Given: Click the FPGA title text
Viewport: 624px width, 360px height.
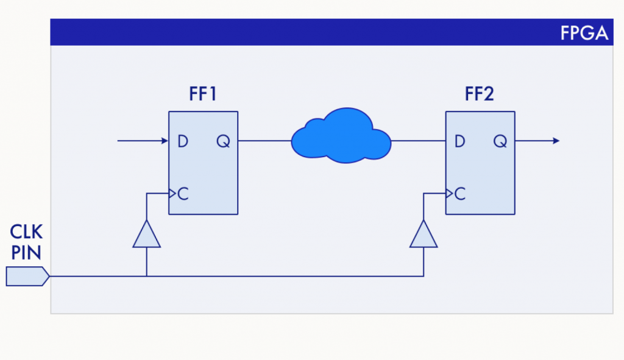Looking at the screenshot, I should tap(584, 32).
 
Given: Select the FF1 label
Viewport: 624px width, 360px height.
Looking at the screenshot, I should tap(203, 95).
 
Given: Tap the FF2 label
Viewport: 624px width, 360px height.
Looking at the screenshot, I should tap(479, 95).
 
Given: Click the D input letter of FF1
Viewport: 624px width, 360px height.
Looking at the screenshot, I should tap(182, 141).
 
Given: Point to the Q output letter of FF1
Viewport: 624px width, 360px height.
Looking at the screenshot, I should tap(222, 141).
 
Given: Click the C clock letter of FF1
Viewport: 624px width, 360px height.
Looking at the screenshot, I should tap(183, 194).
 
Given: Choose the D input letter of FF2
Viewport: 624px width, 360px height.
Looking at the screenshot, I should tap(459, 141).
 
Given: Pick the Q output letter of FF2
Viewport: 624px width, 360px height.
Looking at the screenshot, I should tap(500, 141).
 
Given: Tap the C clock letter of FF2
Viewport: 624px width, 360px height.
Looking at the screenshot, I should tap(460, 194).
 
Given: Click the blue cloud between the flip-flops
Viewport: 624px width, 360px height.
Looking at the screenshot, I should tap(341, 136).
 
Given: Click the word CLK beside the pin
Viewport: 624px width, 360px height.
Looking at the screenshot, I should tap(26, 232).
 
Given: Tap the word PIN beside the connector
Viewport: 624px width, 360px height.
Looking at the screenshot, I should tap(26, 252).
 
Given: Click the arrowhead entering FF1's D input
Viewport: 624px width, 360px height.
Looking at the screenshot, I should tap(165, 141).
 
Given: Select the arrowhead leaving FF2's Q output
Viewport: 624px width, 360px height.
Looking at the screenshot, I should tap(555, 141).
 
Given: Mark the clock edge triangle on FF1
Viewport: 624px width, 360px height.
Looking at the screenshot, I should tap(172, 194).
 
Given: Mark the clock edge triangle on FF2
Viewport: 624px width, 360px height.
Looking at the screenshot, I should tap(449, 194).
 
